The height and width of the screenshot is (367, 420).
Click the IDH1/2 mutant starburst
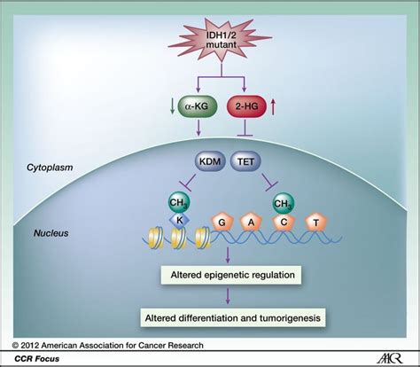click(221, 40)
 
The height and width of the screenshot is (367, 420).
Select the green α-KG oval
click(198, 106)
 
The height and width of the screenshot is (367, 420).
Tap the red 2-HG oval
click(246, 106)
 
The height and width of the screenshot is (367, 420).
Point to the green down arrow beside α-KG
click(172, 107)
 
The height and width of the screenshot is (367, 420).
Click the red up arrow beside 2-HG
click(273, 107)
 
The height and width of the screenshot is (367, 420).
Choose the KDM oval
click(210, 161)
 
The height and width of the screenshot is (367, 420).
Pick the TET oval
click(245, 161)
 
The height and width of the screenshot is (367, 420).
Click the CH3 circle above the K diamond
click(179, 203)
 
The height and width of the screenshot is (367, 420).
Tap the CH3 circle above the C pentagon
click(284, 204)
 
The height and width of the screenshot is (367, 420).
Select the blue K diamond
click(179, 220)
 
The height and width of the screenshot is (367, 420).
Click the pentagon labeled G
click(222, 223)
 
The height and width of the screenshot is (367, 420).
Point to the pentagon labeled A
click(251, 223)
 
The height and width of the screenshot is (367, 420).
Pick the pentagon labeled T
click(316, 223)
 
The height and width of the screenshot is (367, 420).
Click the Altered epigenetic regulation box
click(231, 275)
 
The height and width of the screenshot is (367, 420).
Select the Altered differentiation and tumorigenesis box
click(233, 318)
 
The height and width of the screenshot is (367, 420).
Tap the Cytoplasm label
click(50, 168)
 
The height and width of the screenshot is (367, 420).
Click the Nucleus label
click(51, 233)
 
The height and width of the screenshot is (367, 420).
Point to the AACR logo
click(390, 359)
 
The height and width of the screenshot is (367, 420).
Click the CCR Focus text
click(37, 359)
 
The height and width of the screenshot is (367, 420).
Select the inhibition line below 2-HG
click(245, 128)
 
